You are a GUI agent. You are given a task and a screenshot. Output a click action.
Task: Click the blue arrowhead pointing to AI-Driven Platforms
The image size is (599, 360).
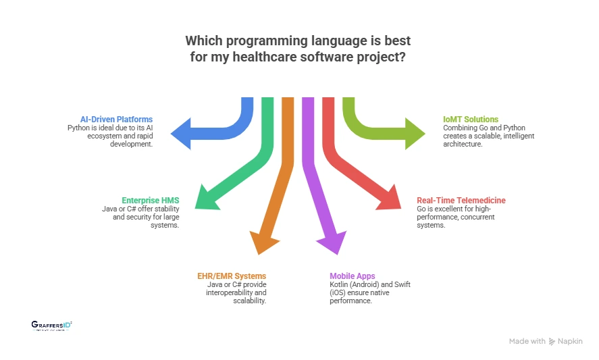180,133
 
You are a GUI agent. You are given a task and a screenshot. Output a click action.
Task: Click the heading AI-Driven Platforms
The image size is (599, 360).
116,120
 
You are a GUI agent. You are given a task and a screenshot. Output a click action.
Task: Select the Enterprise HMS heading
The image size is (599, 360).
151,201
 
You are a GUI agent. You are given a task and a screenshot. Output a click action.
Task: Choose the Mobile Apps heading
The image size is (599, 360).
353,276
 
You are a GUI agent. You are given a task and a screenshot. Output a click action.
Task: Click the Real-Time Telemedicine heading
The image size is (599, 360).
461,201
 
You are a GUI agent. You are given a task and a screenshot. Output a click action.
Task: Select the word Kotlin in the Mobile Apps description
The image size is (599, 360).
340,284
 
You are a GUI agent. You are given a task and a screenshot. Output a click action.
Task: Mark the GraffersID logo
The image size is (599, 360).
51,326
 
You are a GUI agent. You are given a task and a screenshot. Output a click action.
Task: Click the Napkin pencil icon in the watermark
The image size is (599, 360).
552,342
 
